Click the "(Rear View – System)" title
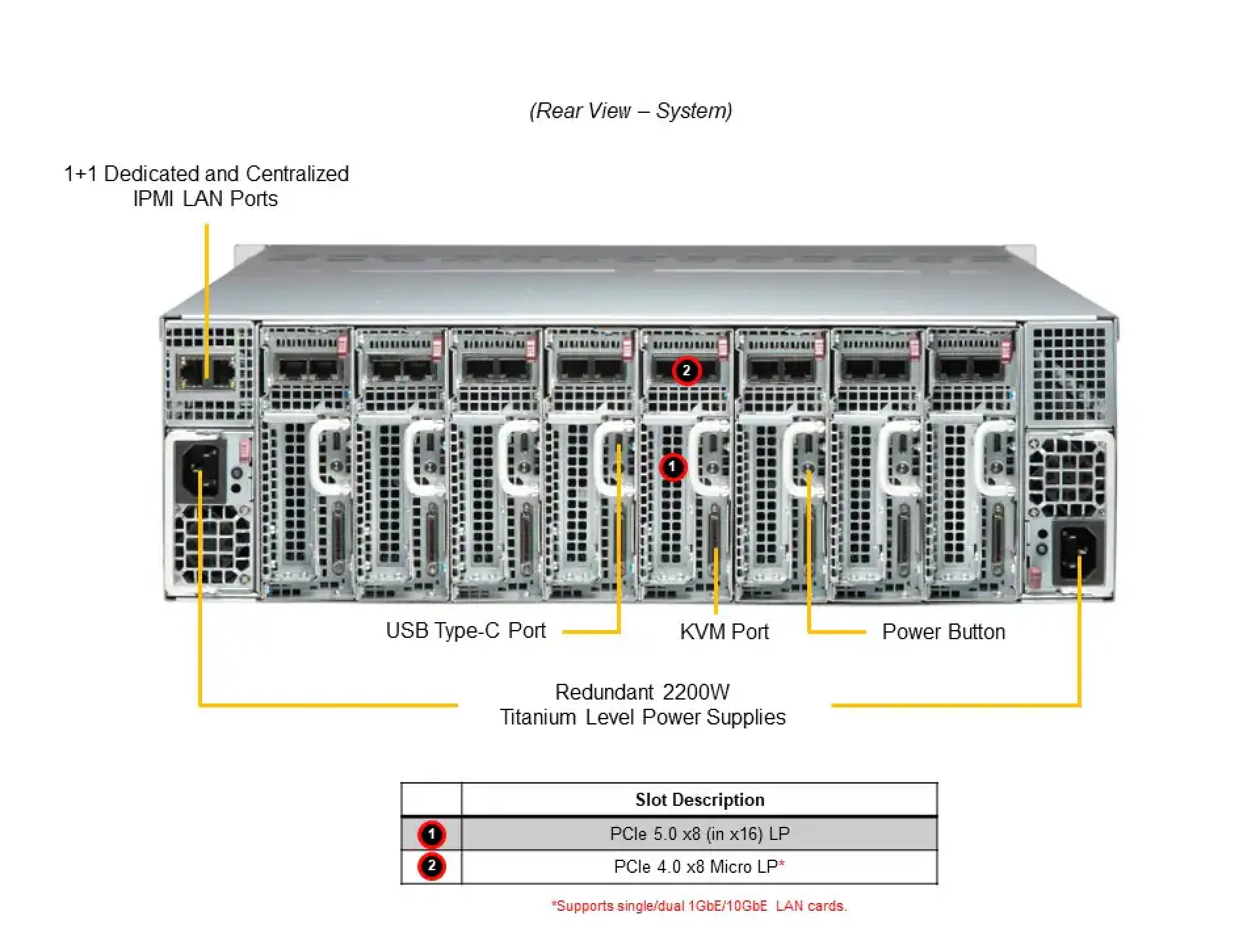631,110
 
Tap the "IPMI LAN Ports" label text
205,198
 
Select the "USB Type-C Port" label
465,631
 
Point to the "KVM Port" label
724,631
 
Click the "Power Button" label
943,631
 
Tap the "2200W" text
696,692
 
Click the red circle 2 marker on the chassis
686,371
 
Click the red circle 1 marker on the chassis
672,467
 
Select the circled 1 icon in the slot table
431,834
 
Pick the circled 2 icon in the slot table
431,866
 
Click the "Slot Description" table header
700,799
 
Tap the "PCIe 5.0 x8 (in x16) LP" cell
700,833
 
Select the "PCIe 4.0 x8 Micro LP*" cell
700,866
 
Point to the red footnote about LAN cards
699,906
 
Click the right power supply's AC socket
1078,551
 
